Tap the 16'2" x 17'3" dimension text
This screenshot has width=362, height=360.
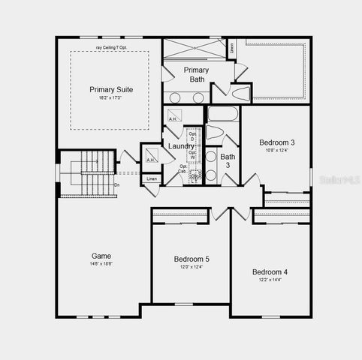click(x=110, y=97)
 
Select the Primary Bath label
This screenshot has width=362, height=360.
click(x=196, y=73)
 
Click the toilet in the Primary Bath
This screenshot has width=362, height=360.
click(x=241, y=94)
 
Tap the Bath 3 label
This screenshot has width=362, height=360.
click(x=228, y=160)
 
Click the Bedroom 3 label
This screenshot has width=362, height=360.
click(x=277, y=142)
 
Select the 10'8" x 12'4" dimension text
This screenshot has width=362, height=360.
click(x=277, y=151)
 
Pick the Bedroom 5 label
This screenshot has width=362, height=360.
click(x=192, y=259)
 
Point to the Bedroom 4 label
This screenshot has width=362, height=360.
click(x=270, y=271)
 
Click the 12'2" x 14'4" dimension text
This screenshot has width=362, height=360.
click(x=270, y=280)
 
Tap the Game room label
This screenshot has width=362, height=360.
click(x=101, y=256)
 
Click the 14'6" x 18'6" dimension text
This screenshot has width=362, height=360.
click(x=101, y=264)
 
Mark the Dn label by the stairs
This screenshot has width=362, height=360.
click(x=116, y=184)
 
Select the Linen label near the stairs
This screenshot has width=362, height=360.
click(x=152, y=179)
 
